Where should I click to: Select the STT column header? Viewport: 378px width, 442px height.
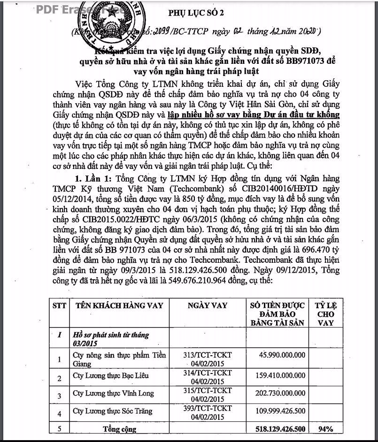(x=59, y=305)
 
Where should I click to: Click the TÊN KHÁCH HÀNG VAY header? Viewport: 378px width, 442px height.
(x=119, y=305)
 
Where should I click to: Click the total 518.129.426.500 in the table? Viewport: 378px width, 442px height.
(x=278, y=428)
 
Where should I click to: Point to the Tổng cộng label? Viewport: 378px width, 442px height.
(x=120, y=428)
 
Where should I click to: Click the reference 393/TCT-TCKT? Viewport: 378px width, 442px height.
(x=208, y=408)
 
